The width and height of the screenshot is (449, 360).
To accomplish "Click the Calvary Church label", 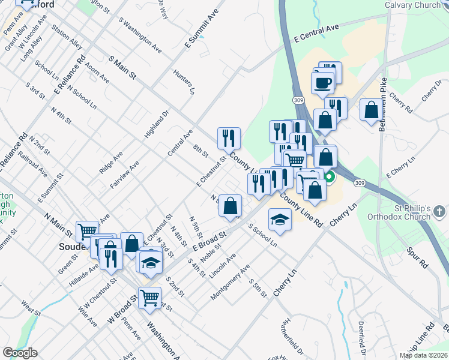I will coord(412,5).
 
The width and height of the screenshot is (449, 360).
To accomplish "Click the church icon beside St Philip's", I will coord(440,211).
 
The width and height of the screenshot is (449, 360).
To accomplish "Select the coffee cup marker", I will coord(323,82).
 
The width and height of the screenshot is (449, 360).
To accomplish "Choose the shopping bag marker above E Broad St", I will coord(230,206).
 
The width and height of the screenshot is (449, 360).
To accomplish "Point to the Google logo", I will coord(20,353).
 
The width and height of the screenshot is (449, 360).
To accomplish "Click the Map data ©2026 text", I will coord(424,355).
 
